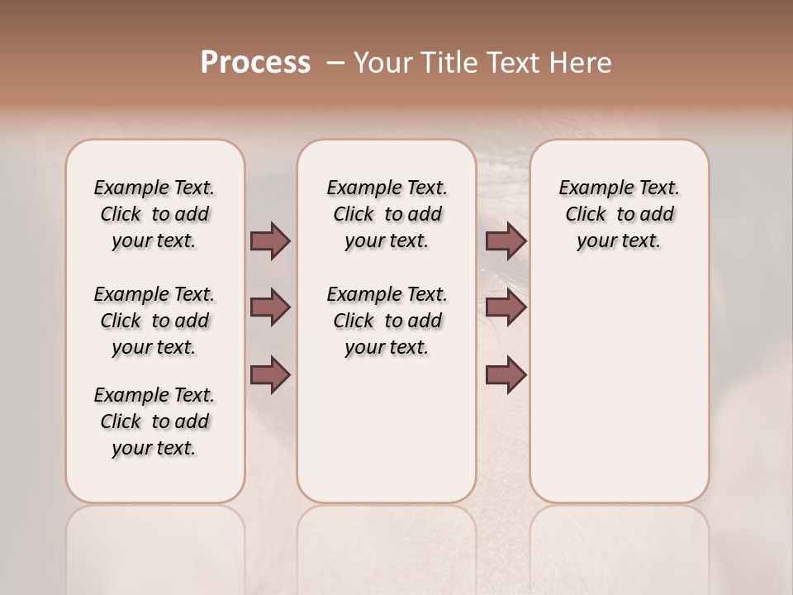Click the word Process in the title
pos(255,62)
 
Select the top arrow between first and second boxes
pos(270,240)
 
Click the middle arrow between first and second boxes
pos(270,308)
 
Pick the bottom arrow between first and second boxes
pos(270,376)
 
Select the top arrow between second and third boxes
pos(506,240)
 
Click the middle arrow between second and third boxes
pos(506,308)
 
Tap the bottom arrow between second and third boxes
pos(506,376)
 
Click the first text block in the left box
pos(154,214)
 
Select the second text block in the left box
pos(154,321)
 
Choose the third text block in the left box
pos(154,421)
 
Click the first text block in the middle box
pos(387,214)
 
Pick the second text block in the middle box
pos(387,321)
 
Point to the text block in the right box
pos(620,214)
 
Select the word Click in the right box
pos(586,215)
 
